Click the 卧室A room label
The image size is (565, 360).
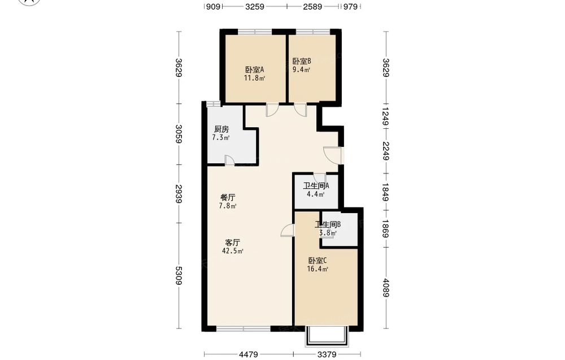click(x=255, y=70)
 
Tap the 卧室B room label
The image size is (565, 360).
click(x=302, y=61)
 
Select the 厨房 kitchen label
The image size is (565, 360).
click(x=221, y=129)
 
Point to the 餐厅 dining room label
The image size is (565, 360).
click(x=228, y=197)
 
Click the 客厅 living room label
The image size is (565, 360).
click(x=232, y=242)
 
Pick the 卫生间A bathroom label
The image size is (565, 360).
click(x=316, y=186)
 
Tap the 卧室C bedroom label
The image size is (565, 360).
click(x=318, y=261)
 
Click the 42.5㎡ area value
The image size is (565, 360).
click(x=233, y=251)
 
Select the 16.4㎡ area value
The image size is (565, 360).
click(x=318, y=269)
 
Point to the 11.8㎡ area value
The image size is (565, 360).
click(x=254, y=78)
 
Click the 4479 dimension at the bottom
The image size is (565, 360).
click(x=248, y=354)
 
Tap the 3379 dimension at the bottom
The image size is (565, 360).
click(x=327, y=354)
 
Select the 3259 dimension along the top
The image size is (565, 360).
click(x=255, y=6)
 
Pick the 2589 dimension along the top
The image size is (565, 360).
click(x=312, y=6)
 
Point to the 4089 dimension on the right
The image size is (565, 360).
click(x=386, y=288)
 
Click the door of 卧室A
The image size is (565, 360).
click(x=272, y=110)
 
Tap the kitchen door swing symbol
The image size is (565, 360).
click(x=230, y=161)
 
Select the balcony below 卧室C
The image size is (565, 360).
click(x=327, y=336)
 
